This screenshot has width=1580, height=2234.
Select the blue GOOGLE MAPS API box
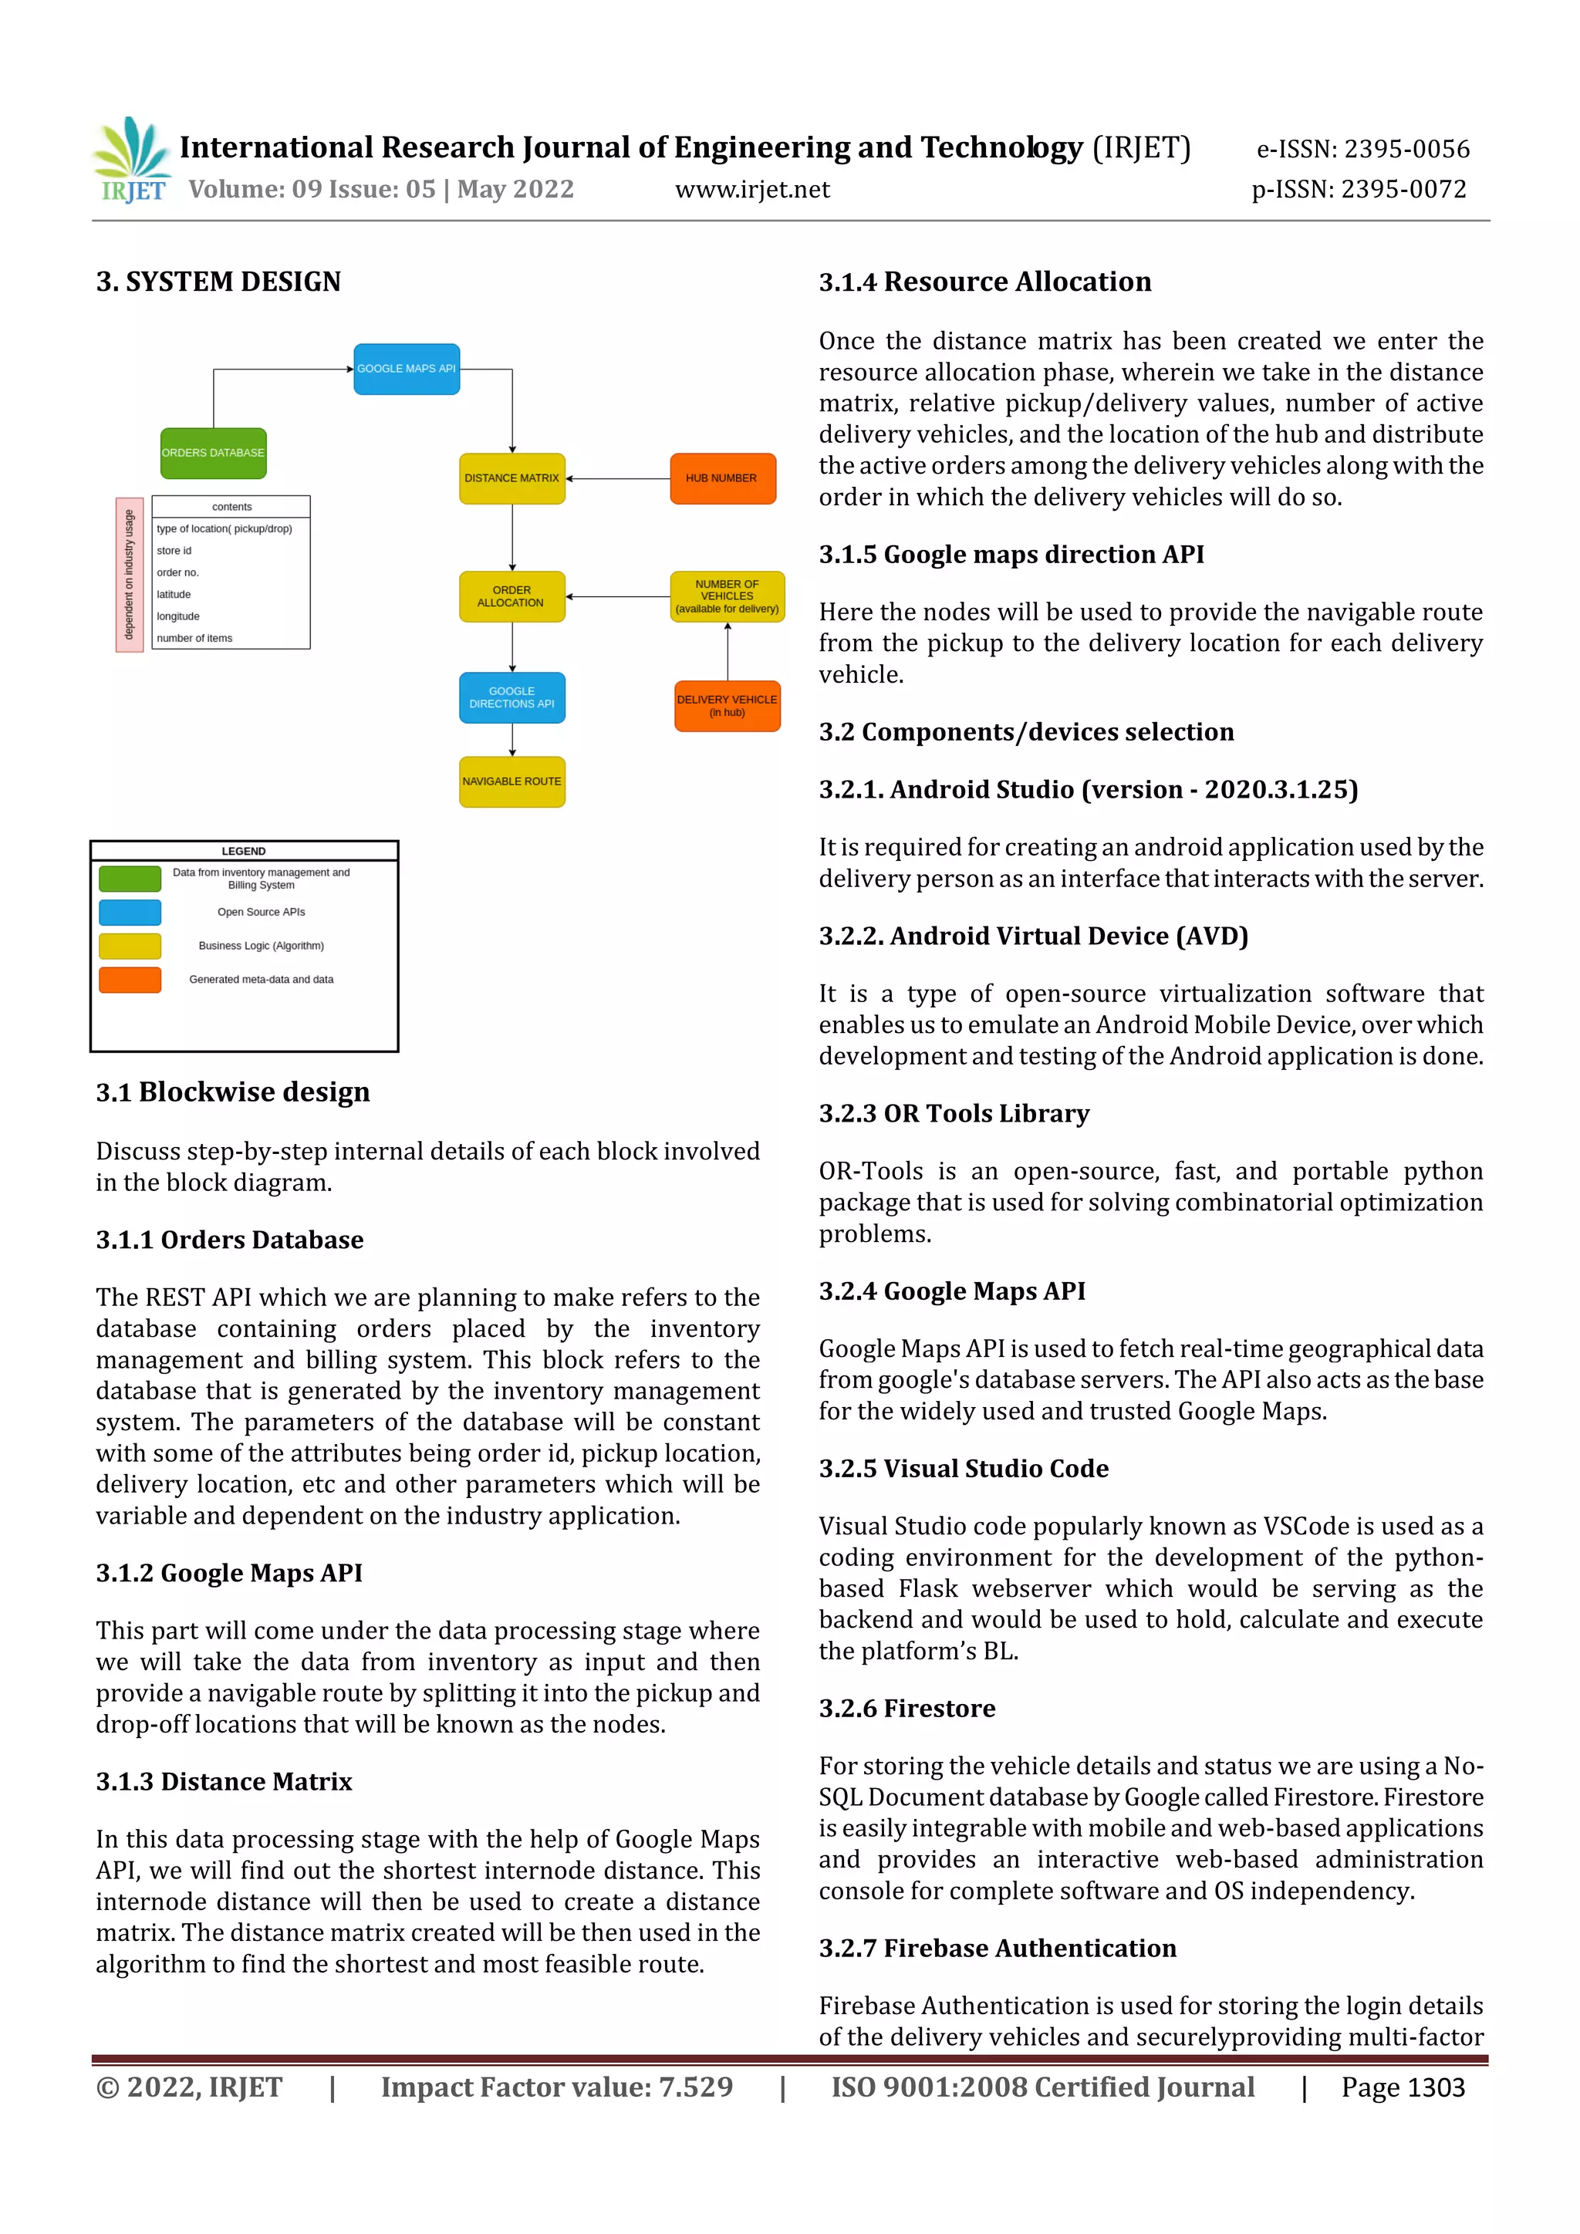(x=406, y=369)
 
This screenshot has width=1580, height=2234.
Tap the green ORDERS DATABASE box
(x=213, y=454)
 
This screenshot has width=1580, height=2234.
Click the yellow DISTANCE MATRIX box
(x=511, y=479)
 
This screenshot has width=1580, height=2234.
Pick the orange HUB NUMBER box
(x=722, y=479)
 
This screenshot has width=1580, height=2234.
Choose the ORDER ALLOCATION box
(x=511, y=596)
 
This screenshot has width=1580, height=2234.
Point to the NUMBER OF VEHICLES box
(x=727, y=596)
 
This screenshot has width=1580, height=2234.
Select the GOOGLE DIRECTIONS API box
(x=511, y=697)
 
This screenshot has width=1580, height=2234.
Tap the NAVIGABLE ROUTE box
(x=511, y=781)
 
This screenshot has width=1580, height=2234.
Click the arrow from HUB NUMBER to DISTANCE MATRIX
(x=618, y=479)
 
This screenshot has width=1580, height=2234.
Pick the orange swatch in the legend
(x=130, y=980)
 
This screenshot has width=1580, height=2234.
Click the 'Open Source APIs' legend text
(x=261, y=913)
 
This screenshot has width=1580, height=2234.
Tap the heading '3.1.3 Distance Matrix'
(x=224, y=1781)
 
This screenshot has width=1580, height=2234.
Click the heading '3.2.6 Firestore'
(x=906, y=1709)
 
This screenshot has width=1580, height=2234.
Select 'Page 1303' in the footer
(x=1402, y=2088)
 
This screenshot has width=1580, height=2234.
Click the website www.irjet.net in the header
(x=752, y=190)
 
